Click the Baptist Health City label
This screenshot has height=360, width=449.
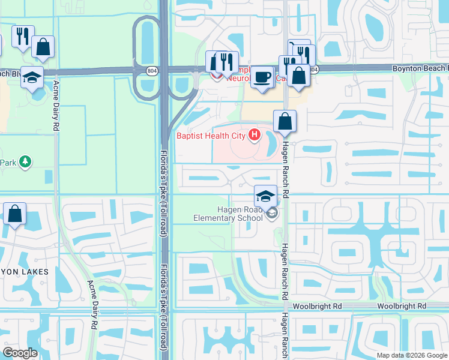(211, 136)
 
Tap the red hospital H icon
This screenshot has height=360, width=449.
(255, 135)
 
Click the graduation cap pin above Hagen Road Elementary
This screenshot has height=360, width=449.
(265, 196)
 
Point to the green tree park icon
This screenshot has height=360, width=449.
(25, 161)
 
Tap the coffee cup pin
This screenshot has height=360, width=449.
(262, 77)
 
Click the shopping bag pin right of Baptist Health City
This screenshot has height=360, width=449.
(285, 122)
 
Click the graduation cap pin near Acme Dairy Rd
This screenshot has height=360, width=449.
(32, 77)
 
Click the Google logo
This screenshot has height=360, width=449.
(20, 353)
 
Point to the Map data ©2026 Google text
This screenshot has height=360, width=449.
(412, 355)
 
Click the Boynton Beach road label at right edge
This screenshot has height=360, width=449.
(420, 69)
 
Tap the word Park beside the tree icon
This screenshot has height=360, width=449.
(8, 162)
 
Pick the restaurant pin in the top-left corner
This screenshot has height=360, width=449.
(22, 37)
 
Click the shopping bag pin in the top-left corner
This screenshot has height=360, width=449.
(43, 47)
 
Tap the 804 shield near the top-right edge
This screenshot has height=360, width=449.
(315, 69)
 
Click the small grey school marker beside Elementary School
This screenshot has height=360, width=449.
(272, 213)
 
